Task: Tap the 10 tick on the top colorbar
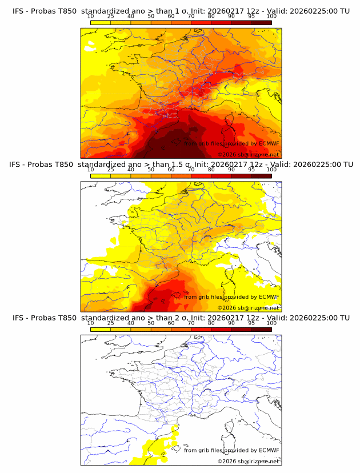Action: coord(91,16)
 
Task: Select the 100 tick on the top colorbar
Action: coord(271,16)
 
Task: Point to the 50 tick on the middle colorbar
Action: coord(151,170)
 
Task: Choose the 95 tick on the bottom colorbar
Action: coord(251,323)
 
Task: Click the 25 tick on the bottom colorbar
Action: coord(111,323)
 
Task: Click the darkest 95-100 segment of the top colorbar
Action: coord(261,22)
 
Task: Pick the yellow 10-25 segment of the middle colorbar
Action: coord(101,176)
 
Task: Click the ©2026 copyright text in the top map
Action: coord(248,155)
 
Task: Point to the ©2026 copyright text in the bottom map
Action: coord(248,461)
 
